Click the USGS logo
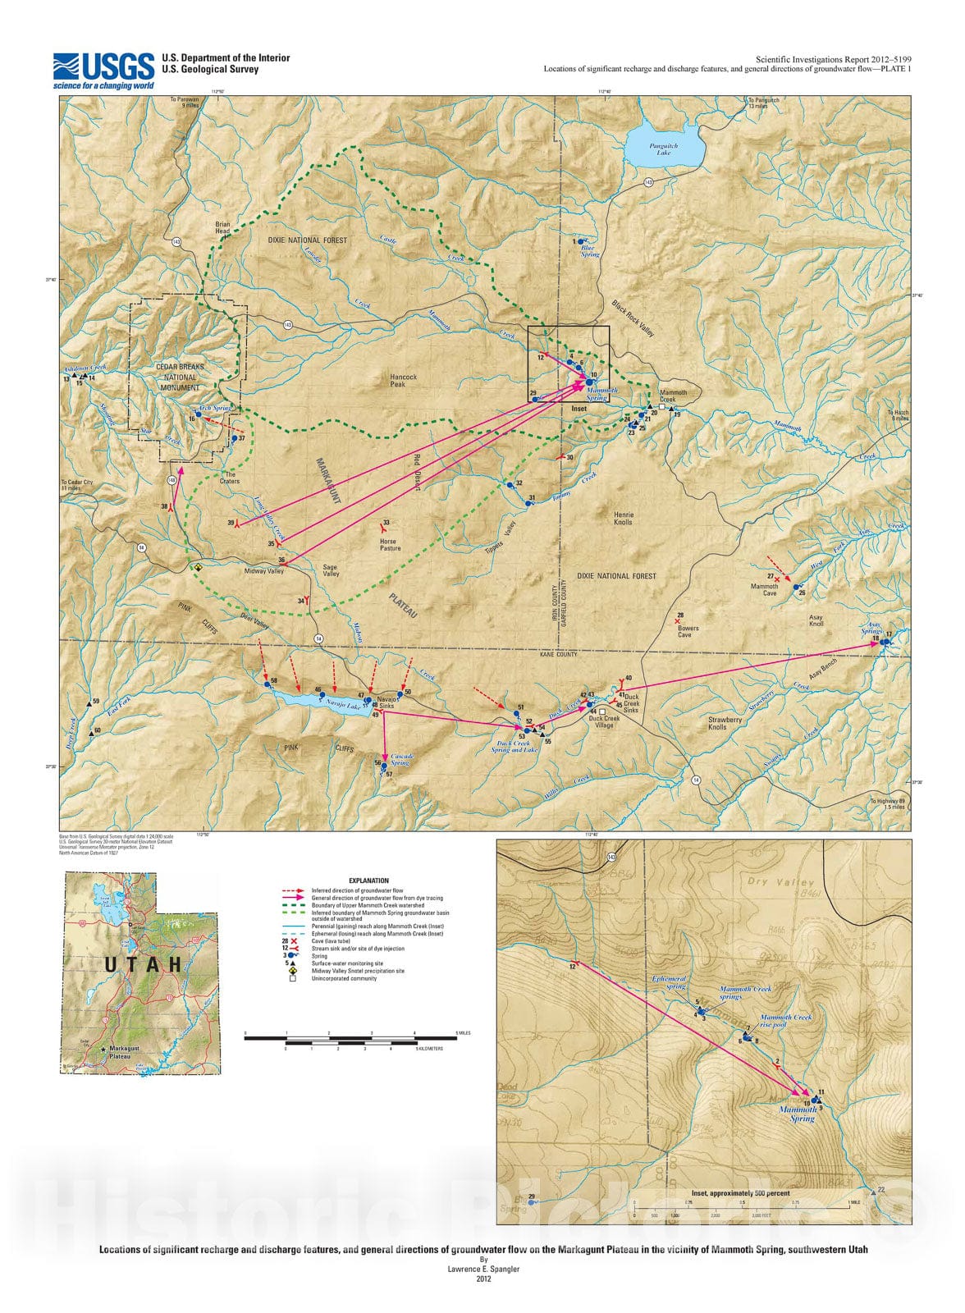(x=103, y=70)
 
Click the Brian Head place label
(x=223, y=227)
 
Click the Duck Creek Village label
(x=604, y=722)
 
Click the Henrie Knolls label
(x=624, y=518)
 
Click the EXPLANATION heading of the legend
(x=368, y=881)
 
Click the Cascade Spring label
(x=402, y=758)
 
